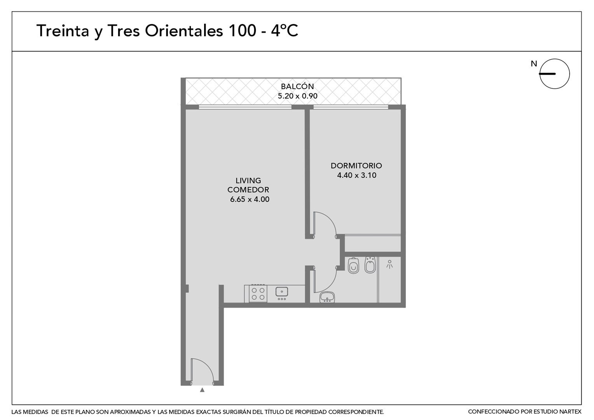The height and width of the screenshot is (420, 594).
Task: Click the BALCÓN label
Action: pyautogui.click(x=297, y=86)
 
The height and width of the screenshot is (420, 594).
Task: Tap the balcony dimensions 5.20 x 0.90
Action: pyautogui.click(x=297, y=96)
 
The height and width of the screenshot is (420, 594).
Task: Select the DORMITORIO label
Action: pyautogui.click(x=356, y=166)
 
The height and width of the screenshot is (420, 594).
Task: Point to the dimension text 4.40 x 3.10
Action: pyautogui.click(x=356, y=175)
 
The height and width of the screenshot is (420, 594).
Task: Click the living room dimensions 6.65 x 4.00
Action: pyautogui.click(x=250, y=199)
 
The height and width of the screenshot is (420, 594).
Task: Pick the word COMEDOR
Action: pyautogui.click(x=248, y=190)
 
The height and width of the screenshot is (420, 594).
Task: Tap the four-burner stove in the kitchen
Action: pyautogui.click(x=258, y=294)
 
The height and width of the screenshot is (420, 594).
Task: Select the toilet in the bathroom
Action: pyautogui.click(x=353, y=265)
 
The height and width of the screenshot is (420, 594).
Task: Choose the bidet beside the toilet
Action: pyautogui.click(x=370, y=264)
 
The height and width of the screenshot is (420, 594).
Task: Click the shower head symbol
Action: pyautogui.click(x=389, y=264)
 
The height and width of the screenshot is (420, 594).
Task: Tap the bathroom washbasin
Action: pyautogui.click(x=327, y=297)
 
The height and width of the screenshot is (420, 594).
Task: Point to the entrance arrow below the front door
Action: pyautogui.click(x=202, y=390)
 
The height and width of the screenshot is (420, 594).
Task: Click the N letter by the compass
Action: pyautogui.click(x=534, y=64)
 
